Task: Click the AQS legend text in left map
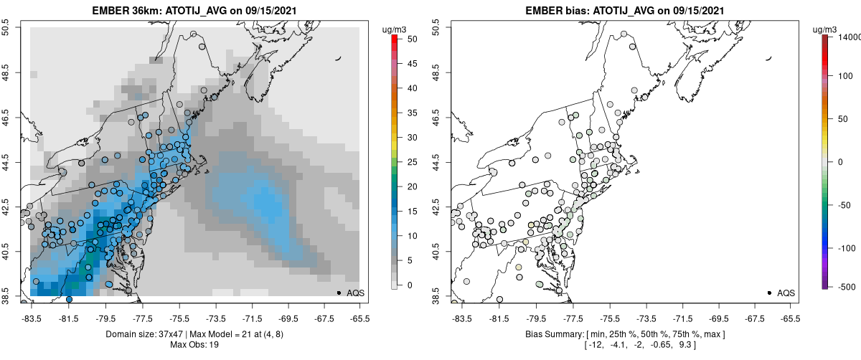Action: tap(354, 293)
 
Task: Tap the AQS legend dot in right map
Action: tap(769, 293)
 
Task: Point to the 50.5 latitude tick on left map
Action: tap(6, 27)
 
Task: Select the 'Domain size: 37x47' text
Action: tap(143, 334)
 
